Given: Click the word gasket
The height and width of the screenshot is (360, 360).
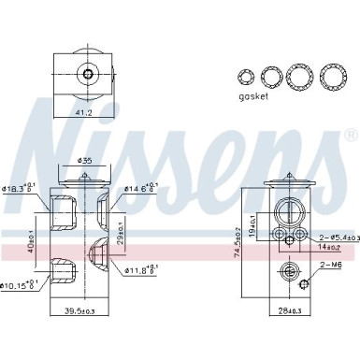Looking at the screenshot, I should click(x=252, y=96).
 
